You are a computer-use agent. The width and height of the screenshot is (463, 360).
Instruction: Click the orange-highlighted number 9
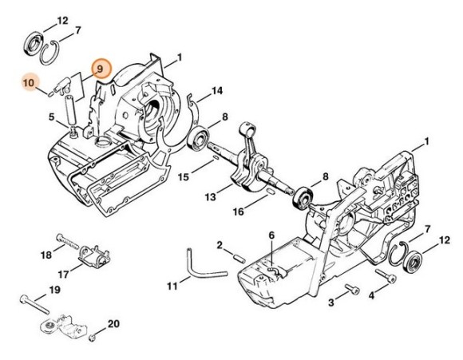click(x=101, y=70)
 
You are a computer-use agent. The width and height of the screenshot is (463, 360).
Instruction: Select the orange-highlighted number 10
click(x=30, y=83)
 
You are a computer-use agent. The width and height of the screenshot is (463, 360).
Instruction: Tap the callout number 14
click(x=217, y=90)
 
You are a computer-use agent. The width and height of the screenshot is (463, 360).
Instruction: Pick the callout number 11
click(x=172, y=286)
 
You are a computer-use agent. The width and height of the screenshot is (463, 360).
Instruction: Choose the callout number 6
click(x=271, y=235)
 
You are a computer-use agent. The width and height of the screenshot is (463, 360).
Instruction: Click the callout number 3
click(x=331, y=302)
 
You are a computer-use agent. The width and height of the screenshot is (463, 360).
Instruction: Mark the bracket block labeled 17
click(x=96, y=258)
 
